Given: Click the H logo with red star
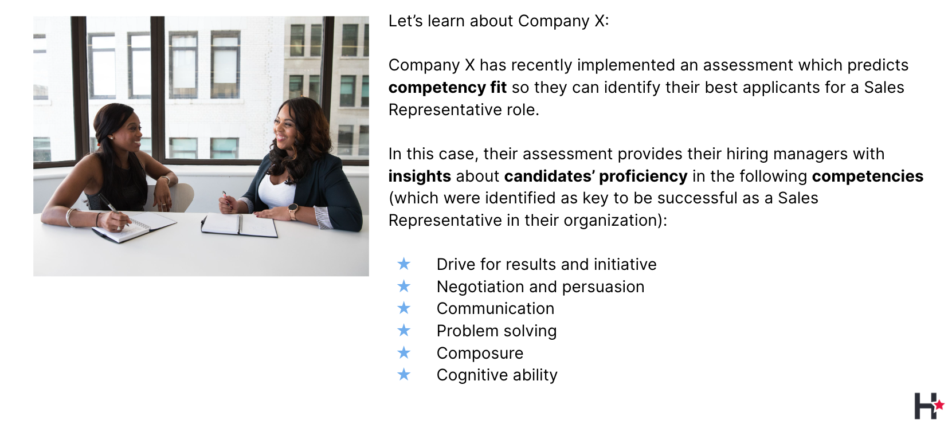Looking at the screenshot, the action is pos(929,406).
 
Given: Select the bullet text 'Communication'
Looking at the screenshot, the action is pos(495,309).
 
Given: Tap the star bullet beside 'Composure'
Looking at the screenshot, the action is pos(403,352).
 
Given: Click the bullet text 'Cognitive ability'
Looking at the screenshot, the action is pos(497,375).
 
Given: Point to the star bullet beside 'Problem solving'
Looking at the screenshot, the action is pos(403,330).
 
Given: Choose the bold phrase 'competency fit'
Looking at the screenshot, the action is pos(447,88).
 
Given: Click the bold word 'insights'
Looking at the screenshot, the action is pos(420,176).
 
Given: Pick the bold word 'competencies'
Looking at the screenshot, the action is pos(867,176).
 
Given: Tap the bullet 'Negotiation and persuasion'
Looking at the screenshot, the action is pos(540,287).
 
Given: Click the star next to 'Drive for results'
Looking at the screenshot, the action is pos(403,264).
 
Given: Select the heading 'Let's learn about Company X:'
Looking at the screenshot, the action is pos(499,21).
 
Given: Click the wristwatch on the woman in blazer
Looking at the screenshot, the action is pos(293,210).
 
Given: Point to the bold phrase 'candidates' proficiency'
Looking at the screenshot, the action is pos(596,176).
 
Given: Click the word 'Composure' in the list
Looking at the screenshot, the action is pos(480,354).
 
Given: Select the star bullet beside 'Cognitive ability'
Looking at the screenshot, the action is pos(403,375).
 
